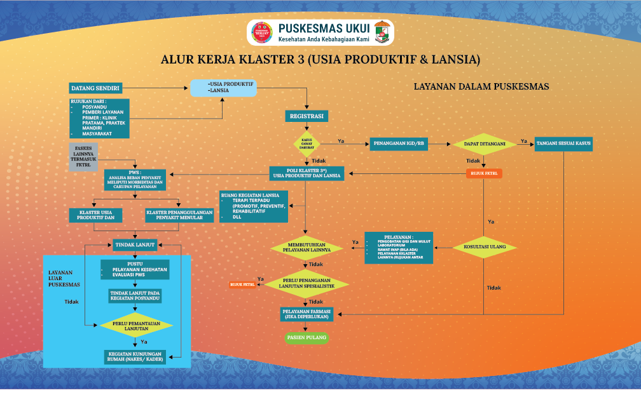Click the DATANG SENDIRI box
pyautogui.click(x=95, y=88)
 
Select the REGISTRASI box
pyautogui.click(x=307, y=116)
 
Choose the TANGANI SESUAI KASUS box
pyautogui.click(x=563, y=144)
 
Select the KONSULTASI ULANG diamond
pyautogui.click(x=485, y=246)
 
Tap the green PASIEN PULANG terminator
pyautogui.click(x=307, y=338)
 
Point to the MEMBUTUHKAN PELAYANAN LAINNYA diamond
pyautogui.click(x=307, y=248)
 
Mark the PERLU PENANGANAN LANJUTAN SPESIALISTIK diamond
pyautogui.click(x=307, y=284)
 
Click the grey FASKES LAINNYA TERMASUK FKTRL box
pyautogui.click(x=83, y=157)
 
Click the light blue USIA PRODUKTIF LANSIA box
pyautogui.click(x=224, y=88)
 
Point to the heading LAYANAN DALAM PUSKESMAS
pyautogui.click(x=481, y=86)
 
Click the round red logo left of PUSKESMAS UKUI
pyautogui.click(x=261, y=32)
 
